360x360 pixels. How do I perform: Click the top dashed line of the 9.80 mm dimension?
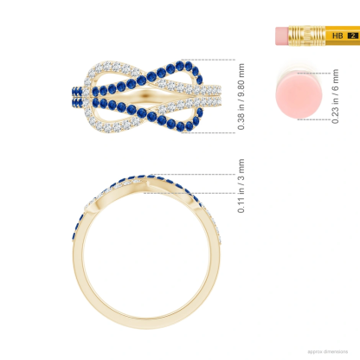pos(216,61)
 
